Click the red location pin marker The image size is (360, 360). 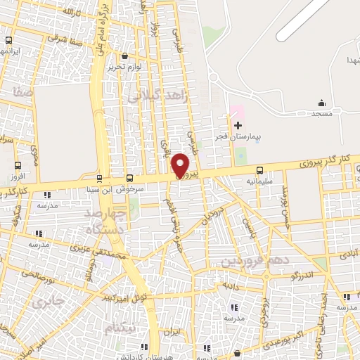click(181, 165)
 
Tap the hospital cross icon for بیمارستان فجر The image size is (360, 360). click(238, 125)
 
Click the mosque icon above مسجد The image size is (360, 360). click(321, 103)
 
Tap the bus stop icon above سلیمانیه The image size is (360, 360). click(260, 170)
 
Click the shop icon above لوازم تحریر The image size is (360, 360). click(124, 56)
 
